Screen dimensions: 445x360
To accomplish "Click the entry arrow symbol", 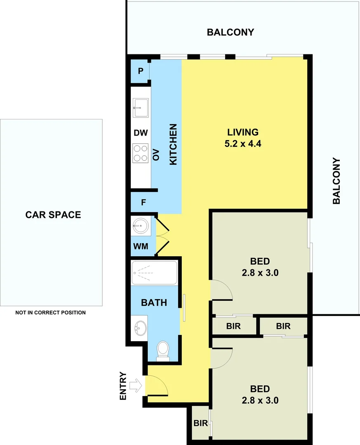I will click(135, 386).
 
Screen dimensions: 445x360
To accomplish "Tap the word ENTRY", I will click(123, 386).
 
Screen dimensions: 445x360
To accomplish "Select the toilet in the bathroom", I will click(163, 351).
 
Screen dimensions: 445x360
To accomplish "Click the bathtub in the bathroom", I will click(154, 272).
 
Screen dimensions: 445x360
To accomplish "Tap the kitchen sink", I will click(140, 108).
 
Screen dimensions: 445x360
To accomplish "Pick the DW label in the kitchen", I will click(140, 133).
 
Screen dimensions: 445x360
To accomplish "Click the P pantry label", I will click(140, 71).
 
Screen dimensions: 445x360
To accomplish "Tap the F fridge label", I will click(144, 202).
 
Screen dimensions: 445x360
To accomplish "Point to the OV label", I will click(156, 155).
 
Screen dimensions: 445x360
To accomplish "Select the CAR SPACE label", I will click(53, 215).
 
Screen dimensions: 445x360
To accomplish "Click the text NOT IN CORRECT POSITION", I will click(51, 313).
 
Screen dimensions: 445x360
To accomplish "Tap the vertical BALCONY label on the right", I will click(336, 181).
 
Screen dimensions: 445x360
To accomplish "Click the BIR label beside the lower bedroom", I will click(200, 423).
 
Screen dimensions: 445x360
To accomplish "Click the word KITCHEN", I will click(174, 145).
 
